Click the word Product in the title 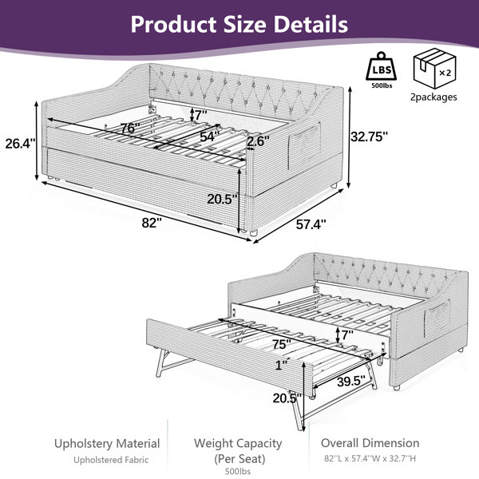pyautogui.click(x=173, y=24)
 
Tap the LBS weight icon pyautogui.click(x=382, y=66)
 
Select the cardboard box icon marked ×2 pyautogui.click(x=435, y=69)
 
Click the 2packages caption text pyautogui.click(x=433, y=97)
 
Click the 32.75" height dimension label pyautogui.click(x=370, y=137)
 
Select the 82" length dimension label pyautogui.click(x=152, y=223)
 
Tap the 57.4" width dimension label pyautogui.click(x=311, y=224)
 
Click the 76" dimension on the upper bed pyautogui.click(x=130, y=128)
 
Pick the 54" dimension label pyautogui.click(x=210, y=137)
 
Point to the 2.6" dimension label pyautogui.click(x=258, y=141)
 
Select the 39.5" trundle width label pyautogui.click(x=351, y=381)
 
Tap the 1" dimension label pyautogui.click(x=281, y=365)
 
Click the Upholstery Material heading pyautogui.click(x=107, y=444)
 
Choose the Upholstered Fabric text pyautogui.click(x=111, y=460)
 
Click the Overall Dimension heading pyautogui.click(x=370, y=443)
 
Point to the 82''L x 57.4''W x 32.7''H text pyautogui.click(x=370, y=458)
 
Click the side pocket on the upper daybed pyautogui.click(x=304, y=144)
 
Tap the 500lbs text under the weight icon pyautogui.click(x=382, y=85)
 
